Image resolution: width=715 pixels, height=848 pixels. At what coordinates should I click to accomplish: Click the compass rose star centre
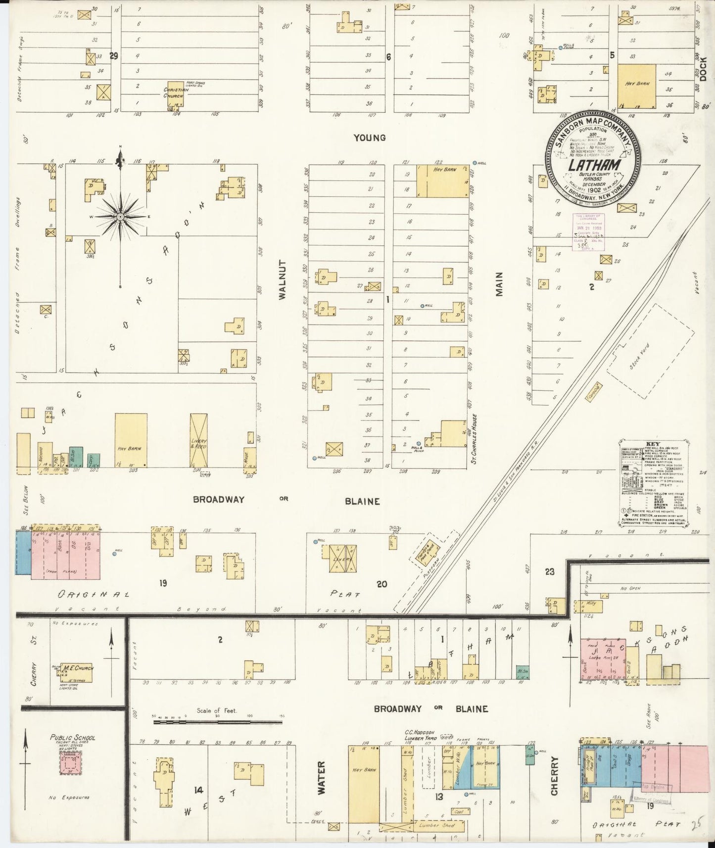[120, 217]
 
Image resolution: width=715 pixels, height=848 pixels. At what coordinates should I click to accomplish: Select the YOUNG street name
[370, 138]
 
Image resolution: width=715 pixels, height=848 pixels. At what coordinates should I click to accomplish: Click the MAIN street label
[499, 284]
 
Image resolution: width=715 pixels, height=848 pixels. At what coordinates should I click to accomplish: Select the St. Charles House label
[474, 431]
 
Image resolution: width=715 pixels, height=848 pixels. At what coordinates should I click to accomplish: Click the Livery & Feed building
[198, 440]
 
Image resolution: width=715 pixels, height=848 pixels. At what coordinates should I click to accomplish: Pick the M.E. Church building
[78, 668]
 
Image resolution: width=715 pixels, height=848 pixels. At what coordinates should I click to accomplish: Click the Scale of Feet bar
[218, 722]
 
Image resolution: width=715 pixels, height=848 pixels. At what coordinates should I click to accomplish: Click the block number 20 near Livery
[381, 584]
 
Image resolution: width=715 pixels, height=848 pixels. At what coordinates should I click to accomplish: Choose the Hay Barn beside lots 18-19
[442, 181]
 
